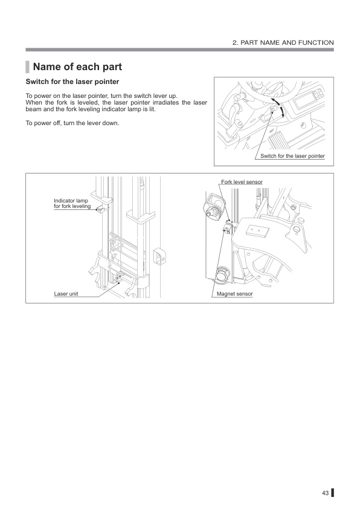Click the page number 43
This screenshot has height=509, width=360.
pyautogui.click(x=324, y=493)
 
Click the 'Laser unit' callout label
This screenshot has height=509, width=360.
pyautogui.click(x=66, y=294)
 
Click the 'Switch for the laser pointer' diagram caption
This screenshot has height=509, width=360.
pyautogui.click(x=292, y=157)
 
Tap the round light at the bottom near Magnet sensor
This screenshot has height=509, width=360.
pyautogui.click(x=220, y=274)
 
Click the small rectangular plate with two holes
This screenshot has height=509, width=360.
pyautogui.click(x=260, y=231)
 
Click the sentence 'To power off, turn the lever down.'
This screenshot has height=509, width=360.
pyautogui.click(x=72, y=124)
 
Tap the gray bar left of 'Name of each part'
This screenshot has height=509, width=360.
pyautogui.click(x=27, y=66)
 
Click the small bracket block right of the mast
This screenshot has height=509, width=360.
pyautogui.click(x=159, y=255)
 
